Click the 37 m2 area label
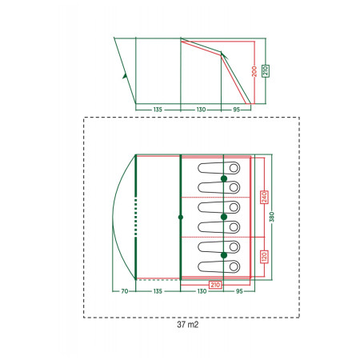click(x=188, y=325)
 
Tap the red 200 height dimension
click(x=254, y=71)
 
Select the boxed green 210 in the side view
click(x=266, y=71)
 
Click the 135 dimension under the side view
click(x=158, y=110)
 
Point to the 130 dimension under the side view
click(x=201, y=110)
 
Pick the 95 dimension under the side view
click(x=237, y=110)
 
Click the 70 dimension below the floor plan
click(x=125, y=291)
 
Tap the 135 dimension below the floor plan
click(x=158, y=291)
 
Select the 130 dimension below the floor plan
click(x=202, y=291)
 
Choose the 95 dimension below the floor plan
click(x=239, y=291)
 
